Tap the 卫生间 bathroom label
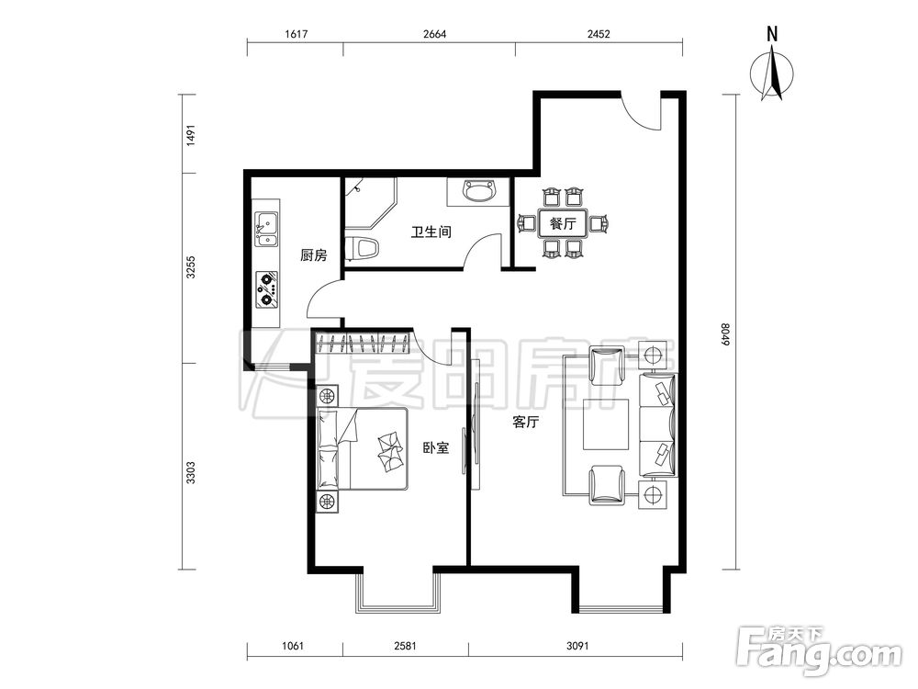tap(431, 232)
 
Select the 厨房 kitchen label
tap(313, 255)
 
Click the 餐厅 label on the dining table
tap(563, 223)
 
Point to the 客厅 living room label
tap(525, 422)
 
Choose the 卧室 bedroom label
tap(435, 448)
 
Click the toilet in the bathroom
tap(363, 248)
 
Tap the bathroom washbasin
tap(479, 191)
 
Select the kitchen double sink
tap(266, 229)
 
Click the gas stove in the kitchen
tap(266, 289)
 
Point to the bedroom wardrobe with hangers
tap(362, 343)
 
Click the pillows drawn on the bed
tap(328, 449)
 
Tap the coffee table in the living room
tap(605, 424)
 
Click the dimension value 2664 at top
tap(434, 34)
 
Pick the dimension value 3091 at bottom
tap(577, 646)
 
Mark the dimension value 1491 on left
tap(190, 135)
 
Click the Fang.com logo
tap(819, 651)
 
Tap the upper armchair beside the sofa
tap(607, 366)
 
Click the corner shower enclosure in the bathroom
tap(370, 203)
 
